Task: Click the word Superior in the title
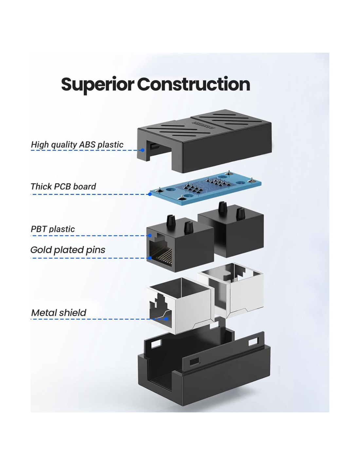pos(97,84)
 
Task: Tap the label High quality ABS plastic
pos(77,145)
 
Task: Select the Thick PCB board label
pos(63,186)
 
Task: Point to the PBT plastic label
pos(53,229)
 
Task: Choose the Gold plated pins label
pos(68,250)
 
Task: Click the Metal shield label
pos(59,313)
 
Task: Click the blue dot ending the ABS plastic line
pos(143,150)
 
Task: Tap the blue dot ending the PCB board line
pos(150,194)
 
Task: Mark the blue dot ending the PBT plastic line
pos(150,235)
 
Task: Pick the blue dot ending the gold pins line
pos(150,258)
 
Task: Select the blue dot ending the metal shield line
pos(167,319)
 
